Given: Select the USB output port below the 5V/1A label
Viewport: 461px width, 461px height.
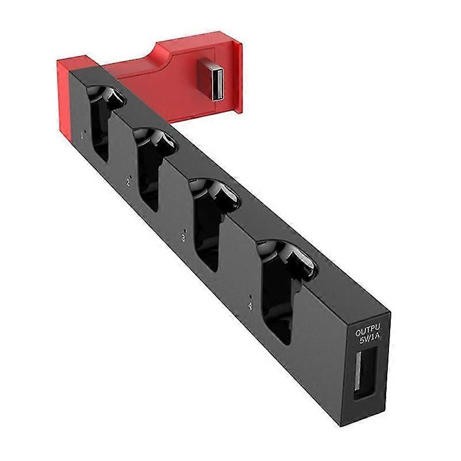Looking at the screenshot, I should tap(365, 375).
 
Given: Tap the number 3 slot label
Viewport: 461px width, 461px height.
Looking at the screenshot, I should tap(183, 237).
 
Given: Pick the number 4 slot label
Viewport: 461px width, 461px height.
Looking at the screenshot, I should tap(250, 306).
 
